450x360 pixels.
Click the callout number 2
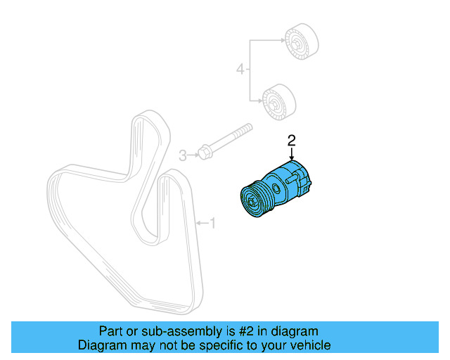(x=291, y=141)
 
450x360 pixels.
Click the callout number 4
(x=240, y=70)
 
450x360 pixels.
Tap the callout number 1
(x=214, y=224)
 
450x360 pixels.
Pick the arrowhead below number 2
(x=291, y=160)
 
